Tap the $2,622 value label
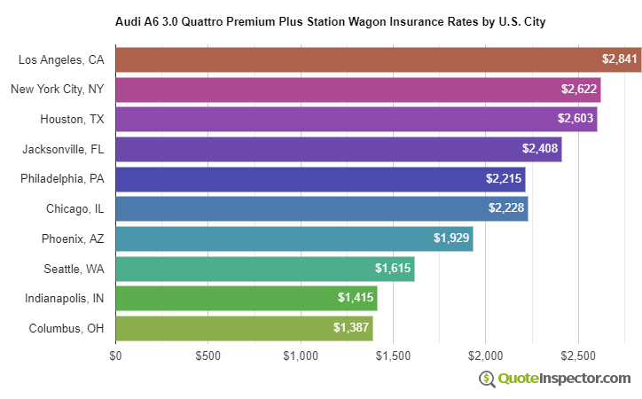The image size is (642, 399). pyautogui.click(x=579, y=90)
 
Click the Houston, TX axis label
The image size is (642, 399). pyautogui.click(x=72, y=119)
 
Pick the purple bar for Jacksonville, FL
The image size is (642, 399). pyautogui.click(x=338, y=149)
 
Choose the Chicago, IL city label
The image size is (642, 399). pyautogui.click(x=75, y=208)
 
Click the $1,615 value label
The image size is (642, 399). pyautogui.click(x=393, y=268)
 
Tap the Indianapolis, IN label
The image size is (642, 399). pyautogui.click(x=65, y=298)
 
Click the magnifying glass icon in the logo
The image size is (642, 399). pyautogui.click(x=487, y=379)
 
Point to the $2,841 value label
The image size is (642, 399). pyautogui.click(x=619, y=59)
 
